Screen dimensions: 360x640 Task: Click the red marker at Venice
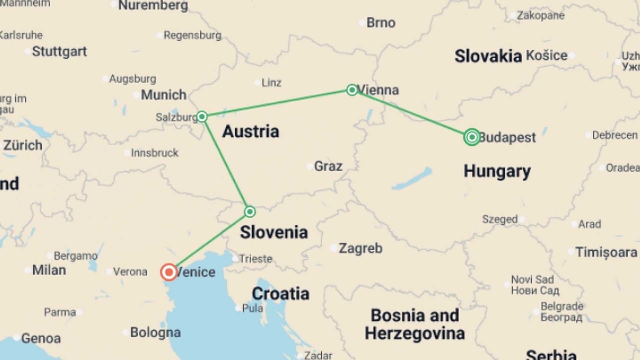point(169,272)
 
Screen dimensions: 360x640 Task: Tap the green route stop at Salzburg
point(202,117)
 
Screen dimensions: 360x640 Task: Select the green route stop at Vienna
point(352,90)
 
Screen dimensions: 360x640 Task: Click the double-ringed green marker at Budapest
point(472,137)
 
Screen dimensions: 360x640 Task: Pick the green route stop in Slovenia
point(250,212)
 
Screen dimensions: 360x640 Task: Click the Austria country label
point(251,131)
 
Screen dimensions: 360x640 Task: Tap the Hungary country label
point(497,171)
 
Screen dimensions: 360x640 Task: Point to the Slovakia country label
point(488,56)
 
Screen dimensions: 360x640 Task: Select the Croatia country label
point(280,294)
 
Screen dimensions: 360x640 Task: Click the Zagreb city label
point(360,248)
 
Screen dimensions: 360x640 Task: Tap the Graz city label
point(328,166)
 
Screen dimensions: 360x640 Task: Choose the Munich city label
point(163,95)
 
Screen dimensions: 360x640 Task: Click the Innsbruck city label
point(154,153)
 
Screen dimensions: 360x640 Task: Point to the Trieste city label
point(256,259)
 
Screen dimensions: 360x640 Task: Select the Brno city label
point(381,23)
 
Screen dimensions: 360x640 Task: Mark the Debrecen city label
point(614,135)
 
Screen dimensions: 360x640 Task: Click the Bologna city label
point(155,332)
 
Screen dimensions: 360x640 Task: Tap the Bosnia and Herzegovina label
point(415,324)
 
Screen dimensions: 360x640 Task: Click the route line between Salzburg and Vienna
point(277,103)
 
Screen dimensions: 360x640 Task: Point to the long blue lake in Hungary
point(412,179)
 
